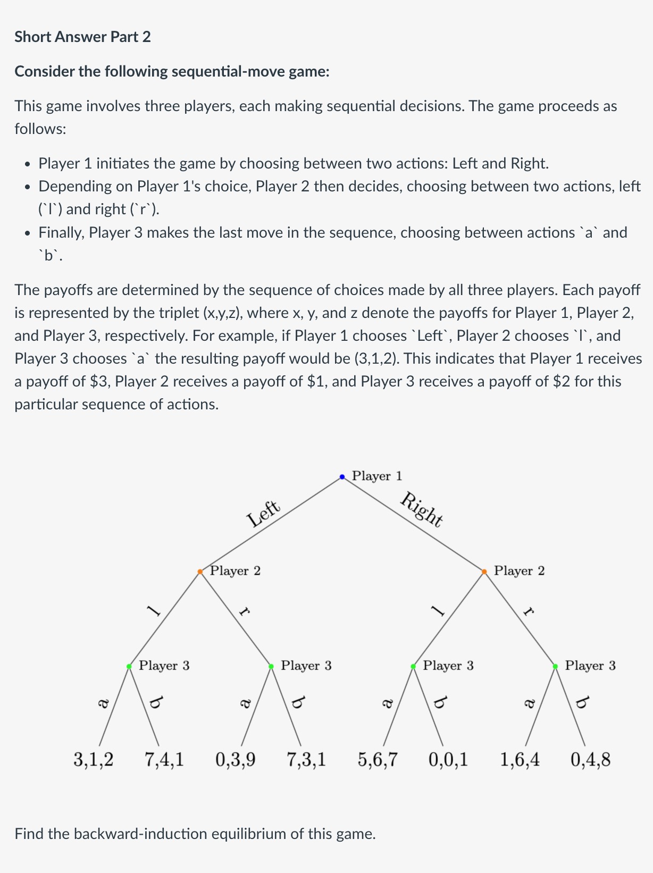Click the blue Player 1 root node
pos(342,477)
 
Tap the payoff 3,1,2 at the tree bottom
pos(94,759)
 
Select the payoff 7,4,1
pos(164,759)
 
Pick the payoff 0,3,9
pos(236,759)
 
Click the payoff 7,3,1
pos(307,759)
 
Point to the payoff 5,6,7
pos(378,759)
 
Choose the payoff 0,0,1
pos(449,759)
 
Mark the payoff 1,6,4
pos(520,759)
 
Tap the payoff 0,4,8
pos(591,759)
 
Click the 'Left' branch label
pos(263,513)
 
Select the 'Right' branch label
pos(422,510)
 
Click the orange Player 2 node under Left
pos(200,572)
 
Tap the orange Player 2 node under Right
pos(484,572)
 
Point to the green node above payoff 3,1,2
pos(129,666)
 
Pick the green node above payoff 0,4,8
pos(555,666)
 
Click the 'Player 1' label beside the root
pos(377,476)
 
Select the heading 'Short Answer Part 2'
pos(82,37)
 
